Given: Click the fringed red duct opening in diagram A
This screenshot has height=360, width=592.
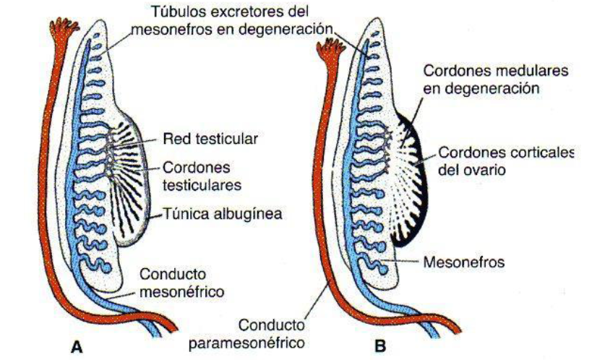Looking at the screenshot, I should click(62, 29).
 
